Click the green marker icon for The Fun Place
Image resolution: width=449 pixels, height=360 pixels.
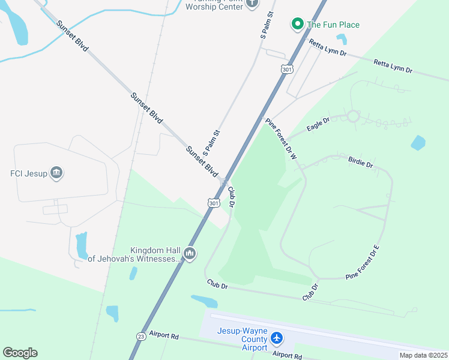pos(297,24)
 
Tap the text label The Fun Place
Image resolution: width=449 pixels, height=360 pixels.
pos(333,25)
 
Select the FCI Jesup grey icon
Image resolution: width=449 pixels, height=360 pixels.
pos(56,173)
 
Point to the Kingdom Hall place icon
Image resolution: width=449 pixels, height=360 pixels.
pos(190,254)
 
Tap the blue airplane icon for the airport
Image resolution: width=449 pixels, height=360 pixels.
pos(277,338)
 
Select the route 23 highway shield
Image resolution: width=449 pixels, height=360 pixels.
pos(140,336)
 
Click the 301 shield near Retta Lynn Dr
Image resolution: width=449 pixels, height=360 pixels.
pos(287,70)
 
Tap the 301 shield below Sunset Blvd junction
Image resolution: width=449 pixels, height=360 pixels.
pos(214,203)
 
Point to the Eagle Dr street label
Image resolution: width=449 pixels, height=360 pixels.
pos(318,124)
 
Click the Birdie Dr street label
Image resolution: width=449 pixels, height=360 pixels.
pos(360,161)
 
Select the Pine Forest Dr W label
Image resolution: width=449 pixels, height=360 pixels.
pos(282,139)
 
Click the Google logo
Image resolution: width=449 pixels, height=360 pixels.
pos(20,353)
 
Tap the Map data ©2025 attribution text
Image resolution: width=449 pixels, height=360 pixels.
pos(423,355)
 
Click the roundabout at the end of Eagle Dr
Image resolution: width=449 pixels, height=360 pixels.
pos(353,116)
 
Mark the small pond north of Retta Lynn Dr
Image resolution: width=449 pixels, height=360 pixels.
pos(342,39)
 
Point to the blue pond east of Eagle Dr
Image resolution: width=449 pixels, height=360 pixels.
pos(418,143)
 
